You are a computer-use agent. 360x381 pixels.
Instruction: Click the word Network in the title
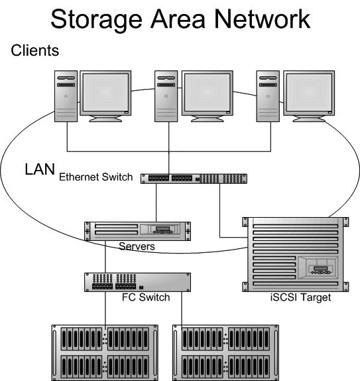point(261,19)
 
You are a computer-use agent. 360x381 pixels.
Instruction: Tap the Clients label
point(34,50)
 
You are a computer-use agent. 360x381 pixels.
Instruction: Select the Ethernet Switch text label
point(96,178)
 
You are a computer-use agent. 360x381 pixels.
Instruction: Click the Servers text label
point(137,246)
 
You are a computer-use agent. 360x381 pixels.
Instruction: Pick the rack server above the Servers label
point(137,230)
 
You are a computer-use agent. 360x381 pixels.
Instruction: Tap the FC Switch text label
point(146,297)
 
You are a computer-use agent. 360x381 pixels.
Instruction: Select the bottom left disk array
point(105,351)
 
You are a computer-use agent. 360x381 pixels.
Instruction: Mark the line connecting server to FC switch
point(105,256)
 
